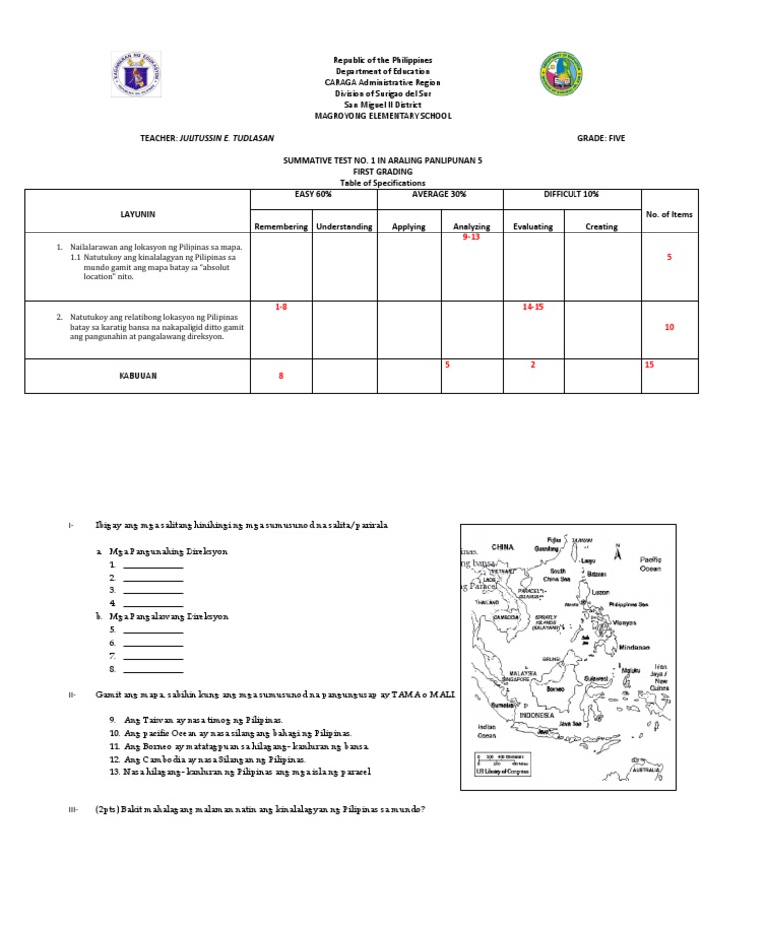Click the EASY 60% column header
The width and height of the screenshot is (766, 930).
point(312,194)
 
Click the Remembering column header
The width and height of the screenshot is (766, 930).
point(281,227)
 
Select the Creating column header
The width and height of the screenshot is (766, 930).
point(601,227)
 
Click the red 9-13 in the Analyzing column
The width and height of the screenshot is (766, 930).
point(471,239)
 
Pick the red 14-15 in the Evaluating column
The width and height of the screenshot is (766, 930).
point(533,307)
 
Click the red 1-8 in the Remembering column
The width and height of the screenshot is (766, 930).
point(281,307)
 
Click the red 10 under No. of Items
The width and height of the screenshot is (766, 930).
point(669,327)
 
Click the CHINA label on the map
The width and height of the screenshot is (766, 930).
point(502,547)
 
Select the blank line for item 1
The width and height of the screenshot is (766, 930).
point(153,565)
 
